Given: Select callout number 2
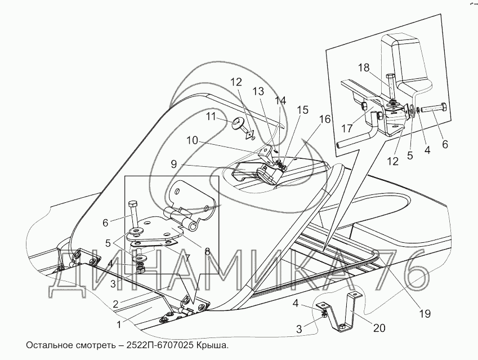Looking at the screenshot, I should coord(115,303).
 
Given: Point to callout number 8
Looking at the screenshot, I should coord(207,252).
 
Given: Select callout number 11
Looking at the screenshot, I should coord(211,117).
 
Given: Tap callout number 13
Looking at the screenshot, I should coord(258,91).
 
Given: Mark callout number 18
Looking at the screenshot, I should coord(364,68).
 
